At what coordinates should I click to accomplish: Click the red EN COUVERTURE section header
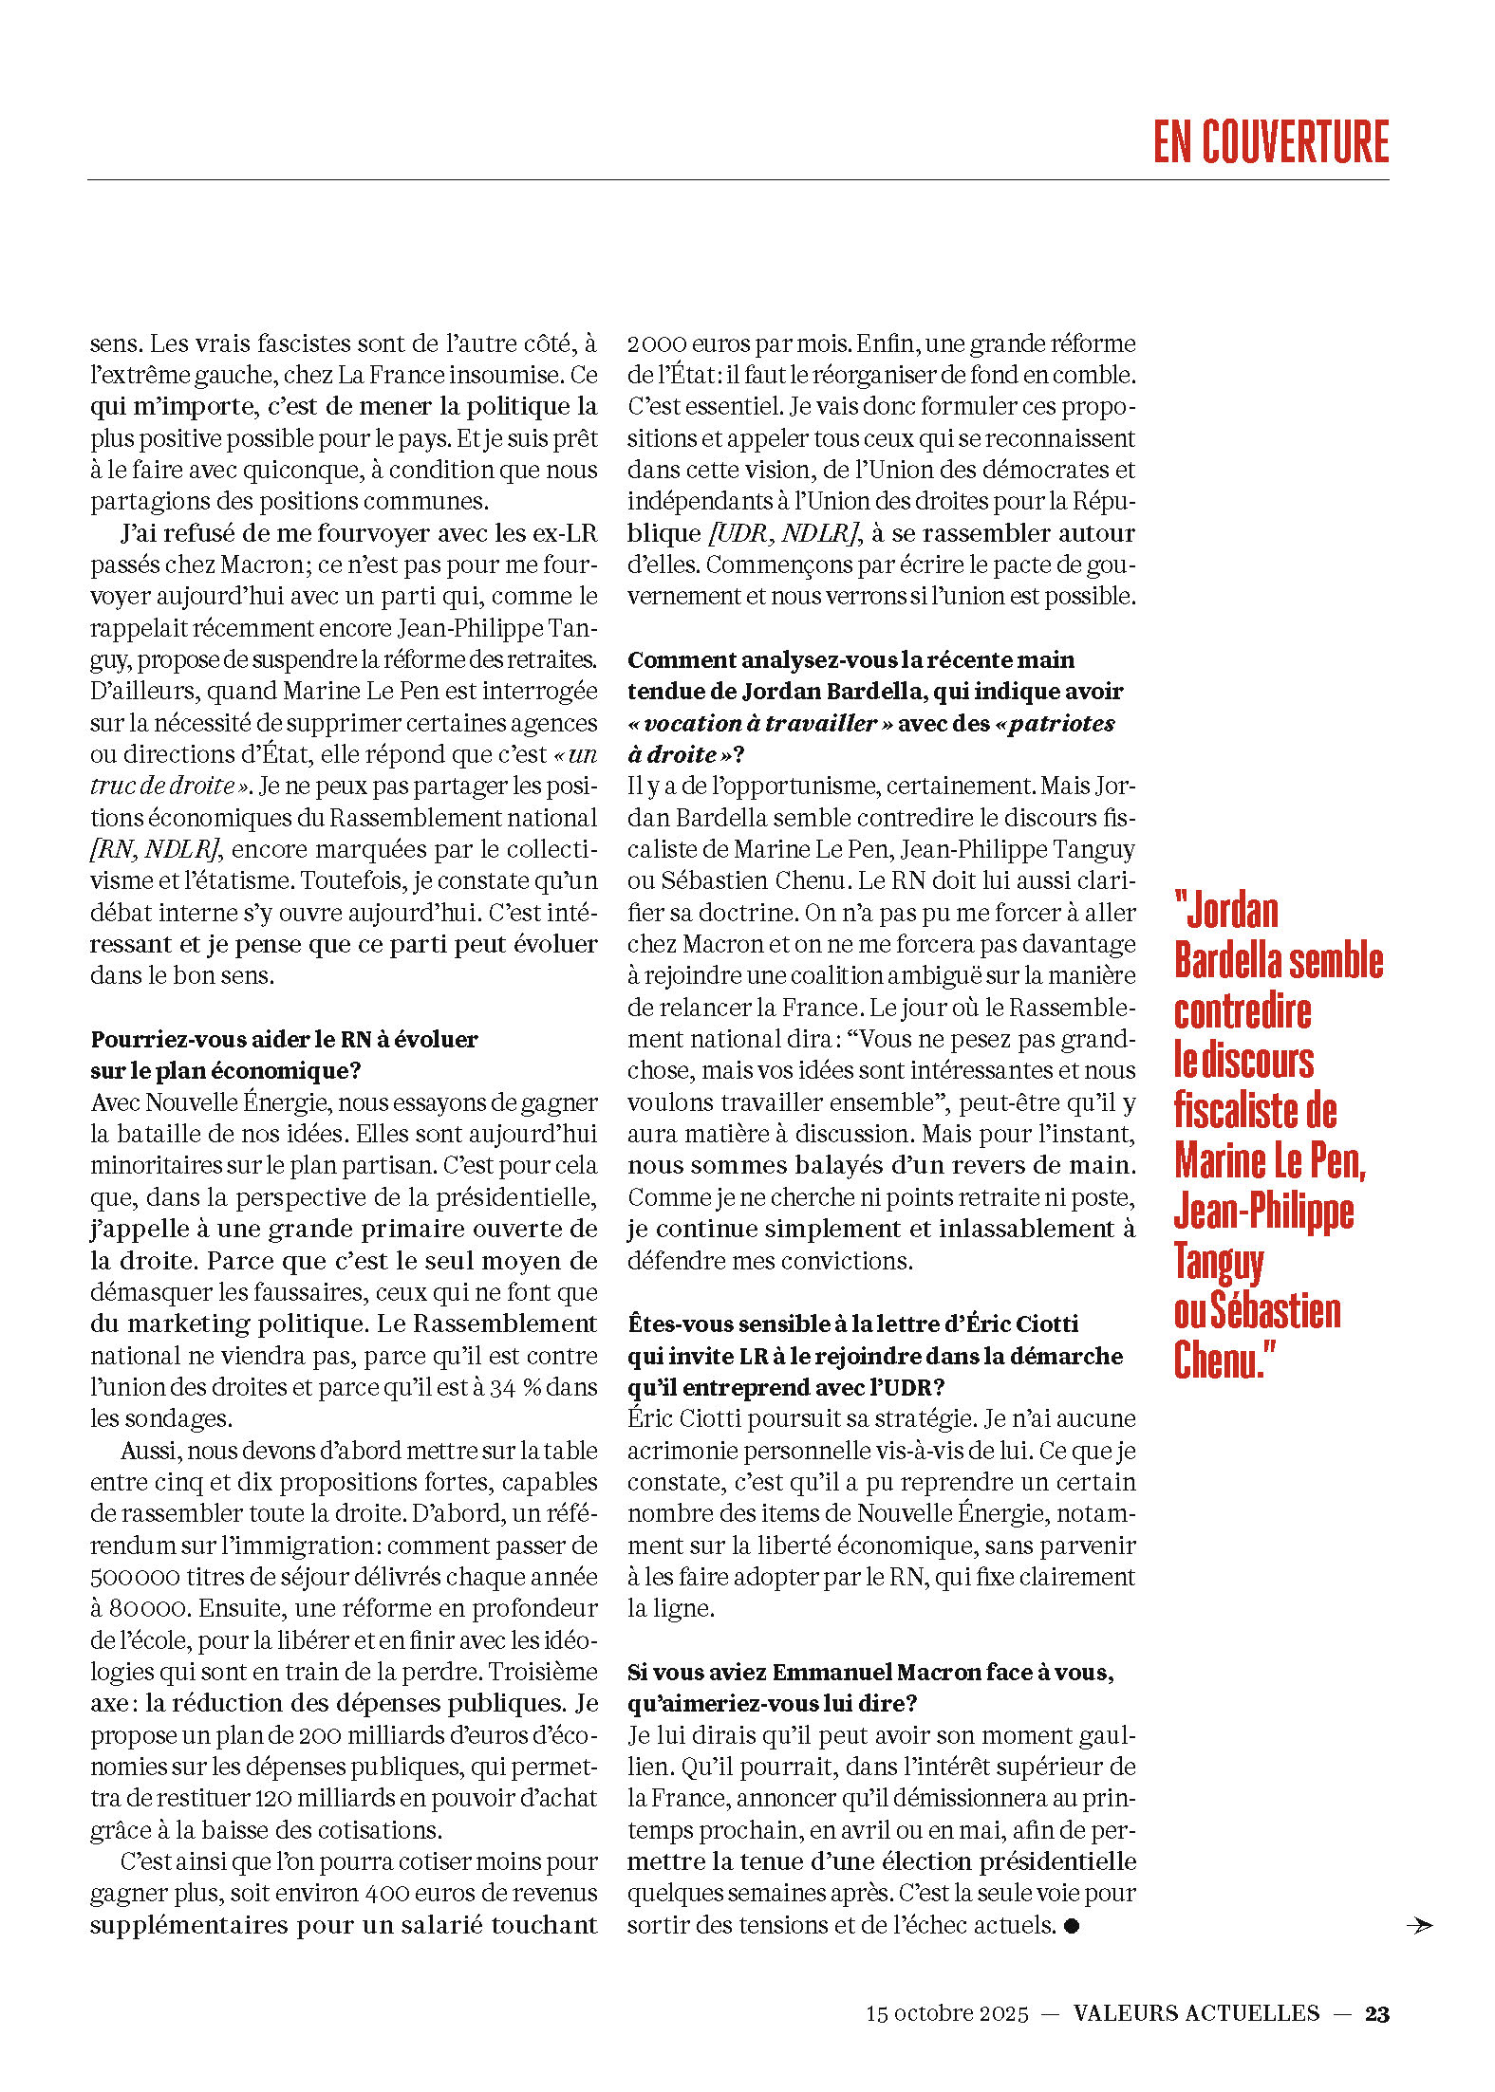[1270, 142]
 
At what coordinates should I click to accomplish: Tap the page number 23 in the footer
[1376, 2013]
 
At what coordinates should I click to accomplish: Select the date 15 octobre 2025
[946, 2013]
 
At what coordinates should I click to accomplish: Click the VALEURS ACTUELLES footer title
[1196, 2013]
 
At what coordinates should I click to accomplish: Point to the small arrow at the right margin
[1419, 1925]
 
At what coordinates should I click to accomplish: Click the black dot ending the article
[1072, 1925]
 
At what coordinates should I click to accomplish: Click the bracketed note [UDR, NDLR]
[784, 533]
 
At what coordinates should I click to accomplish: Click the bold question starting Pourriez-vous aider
[284, 1039]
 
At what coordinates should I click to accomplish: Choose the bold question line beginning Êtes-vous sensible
[852, 1324]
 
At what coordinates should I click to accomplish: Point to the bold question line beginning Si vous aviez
[869, 1672]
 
